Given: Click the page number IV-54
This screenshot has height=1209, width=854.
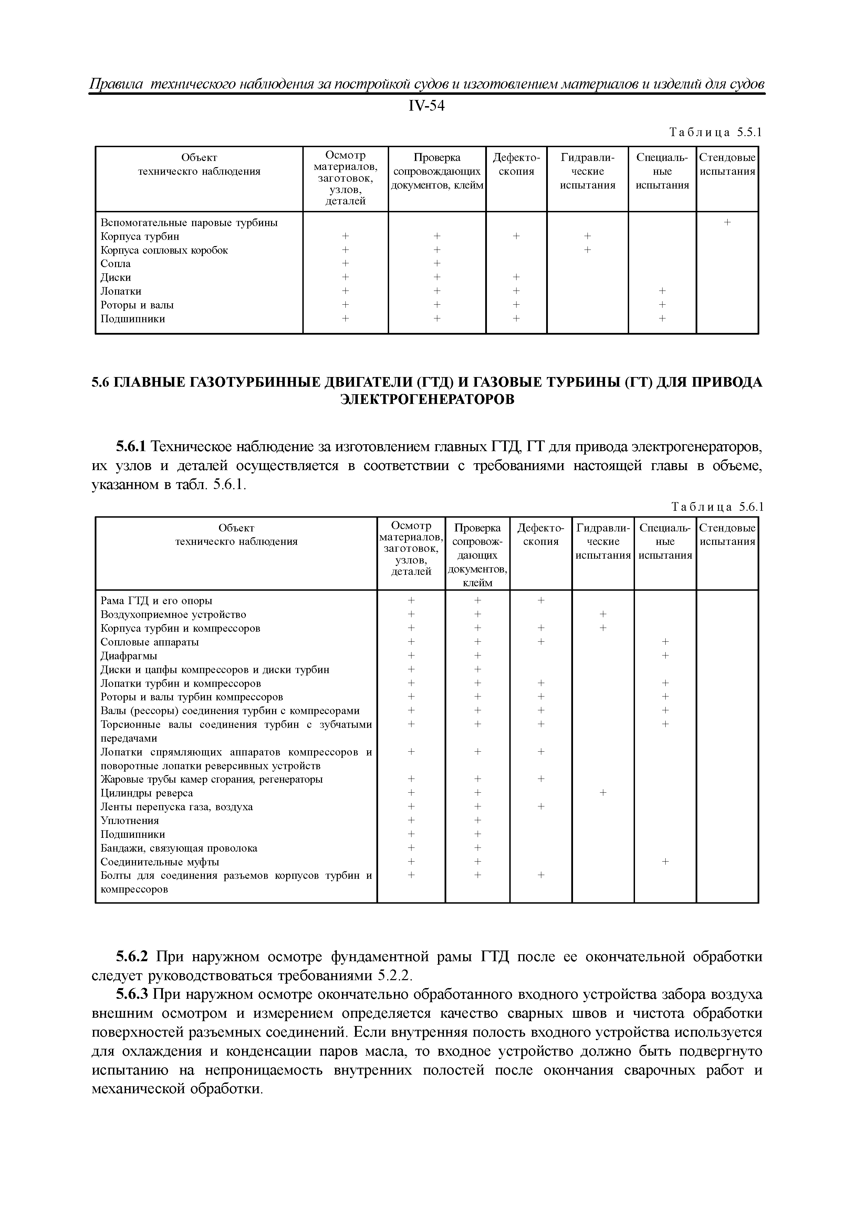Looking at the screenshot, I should click(x=426, y=106).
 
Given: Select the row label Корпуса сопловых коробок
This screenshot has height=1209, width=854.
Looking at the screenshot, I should click(x=164, y=250).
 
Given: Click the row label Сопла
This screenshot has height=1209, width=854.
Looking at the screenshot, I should click(x=116, y=264).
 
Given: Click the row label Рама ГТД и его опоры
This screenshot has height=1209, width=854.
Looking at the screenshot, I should click(x=156, y=601).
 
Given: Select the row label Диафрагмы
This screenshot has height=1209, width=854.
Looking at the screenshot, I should click(x=129, y=656).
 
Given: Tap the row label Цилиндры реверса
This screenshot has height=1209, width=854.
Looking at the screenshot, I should click(x=147, y=793).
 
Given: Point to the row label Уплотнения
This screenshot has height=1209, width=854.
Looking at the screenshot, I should click(x=129, y=820).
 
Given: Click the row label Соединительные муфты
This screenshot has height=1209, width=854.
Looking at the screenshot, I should click(x=160, y=862).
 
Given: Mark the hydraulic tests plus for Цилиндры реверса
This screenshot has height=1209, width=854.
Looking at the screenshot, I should click(x=603, y=792).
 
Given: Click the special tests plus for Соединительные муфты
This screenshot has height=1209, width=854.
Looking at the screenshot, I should click(x=665, y=862).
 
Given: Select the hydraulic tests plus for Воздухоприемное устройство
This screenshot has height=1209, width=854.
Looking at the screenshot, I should click(x=603, y=614).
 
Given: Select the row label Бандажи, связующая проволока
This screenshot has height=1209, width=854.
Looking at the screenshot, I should click(x=179, y=848).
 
